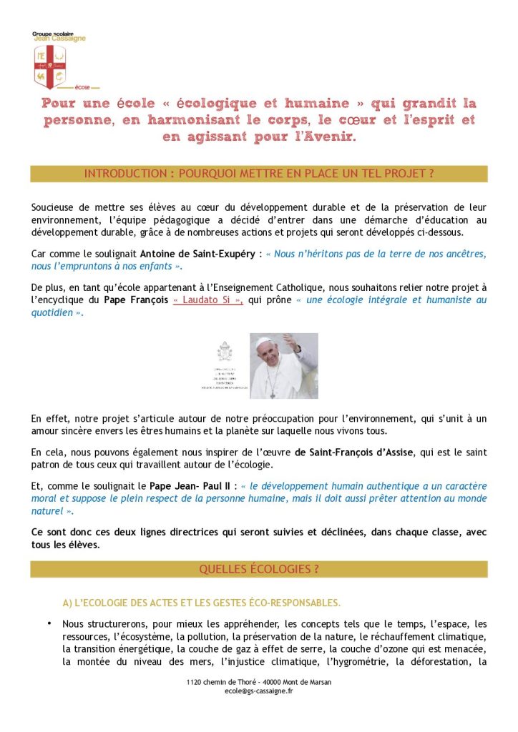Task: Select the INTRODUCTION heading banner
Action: [x=259, y=174]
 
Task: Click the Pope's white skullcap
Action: [x=263, y=340]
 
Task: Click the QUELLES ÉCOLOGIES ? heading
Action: [x=259, y=569]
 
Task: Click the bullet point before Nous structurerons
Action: [x=49, y=623]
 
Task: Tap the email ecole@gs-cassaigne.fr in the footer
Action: [x=258, y=691]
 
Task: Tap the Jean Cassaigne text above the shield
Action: [x=59, y=39]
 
